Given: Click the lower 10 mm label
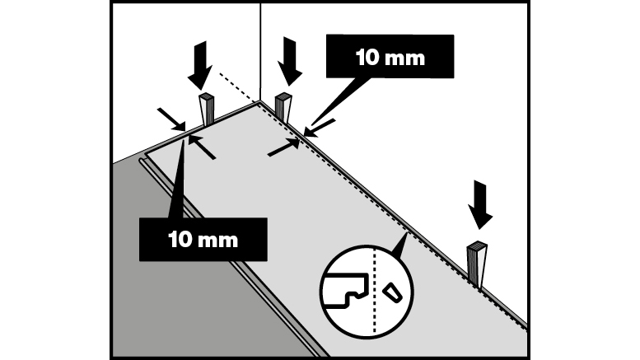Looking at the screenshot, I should (x=203, y=239).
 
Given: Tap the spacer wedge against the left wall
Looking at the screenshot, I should (x=206, y=110).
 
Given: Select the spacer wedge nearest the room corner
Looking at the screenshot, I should (x=283, y=107).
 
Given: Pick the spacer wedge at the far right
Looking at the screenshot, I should (x=478, y=262).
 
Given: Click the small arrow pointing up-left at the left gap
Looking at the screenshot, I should (x=203, y=150).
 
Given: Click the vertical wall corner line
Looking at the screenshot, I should (x=260, y=49).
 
